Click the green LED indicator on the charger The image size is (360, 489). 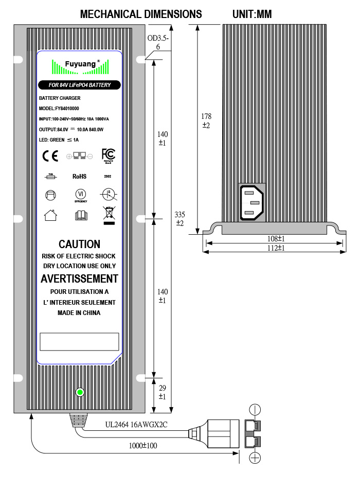coord(80,393)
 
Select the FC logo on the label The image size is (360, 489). coord(108,154)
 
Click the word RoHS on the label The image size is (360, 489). coord(79,176)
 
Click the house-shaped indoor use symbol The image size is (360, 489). coord(50,215)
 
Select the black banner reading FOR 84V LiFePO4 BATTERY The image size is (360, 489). coord(79,85)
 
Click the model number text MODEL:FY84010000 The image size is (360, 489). coord(59,109)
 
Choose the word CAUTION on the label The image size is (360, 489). coord(79,244)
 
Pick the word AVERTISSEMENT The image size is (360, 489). coord(79,279)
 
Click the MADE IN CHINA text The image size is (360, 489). coord(79,312)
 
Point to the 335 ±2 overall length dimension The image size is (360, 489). coord(180,218)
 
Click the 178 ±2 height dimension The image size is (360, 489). coord(206,120)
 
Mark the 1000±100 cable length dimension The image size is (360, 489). coord(143,446)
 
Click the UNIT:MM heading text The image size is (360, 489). coord(251,14)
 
